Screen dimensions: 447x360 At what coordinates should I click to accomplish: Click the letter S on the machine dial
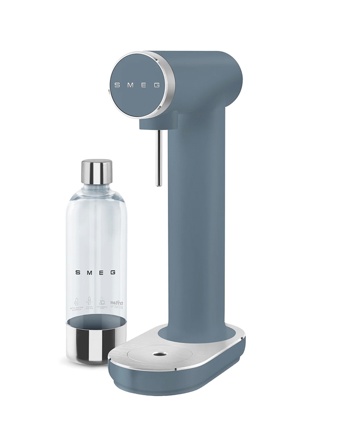point(117,85)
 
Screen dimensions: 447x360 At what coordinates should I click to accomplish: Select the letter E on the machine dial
point(143,85)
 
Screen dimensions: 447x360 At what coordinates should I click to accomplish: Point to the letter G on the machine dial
point(157,85)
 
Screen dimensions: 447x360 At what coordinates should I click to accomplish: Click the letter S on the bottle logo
point(78,273)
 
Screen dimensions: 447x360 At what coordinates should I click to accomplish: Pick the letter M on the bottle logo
point(90,273)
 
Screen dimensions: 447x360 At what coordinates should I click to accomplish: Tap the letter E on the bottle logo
point(102,273)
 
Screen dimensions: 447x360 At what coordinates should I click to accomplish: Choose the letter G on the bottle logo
point(113,273)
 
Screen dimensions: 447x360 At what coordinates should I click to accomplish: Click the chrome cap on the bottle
point(96,172)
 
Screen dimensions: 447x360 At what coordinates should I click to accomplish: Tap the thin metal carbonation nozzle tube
point(158,158)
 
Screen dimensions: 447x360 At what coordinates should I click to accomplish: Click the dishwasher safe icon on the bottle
point(103,303)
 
